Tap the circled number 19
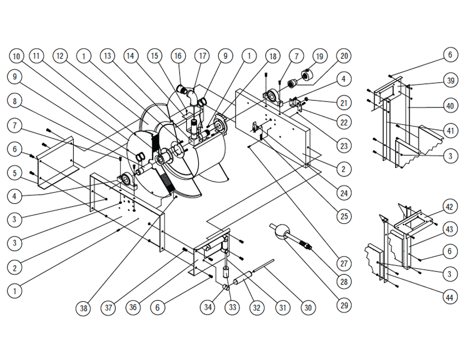coord(320,56)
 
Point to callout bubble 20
coord(344,56)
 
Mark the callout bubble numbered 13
coord(108,56)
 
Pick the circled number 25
coord(344,216)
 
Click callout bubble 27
coord(344,263)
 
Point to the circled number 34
coord(208,307)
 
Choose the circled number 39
coord(449,80)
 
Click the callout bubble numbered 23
coord(344,146)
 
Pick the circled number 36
coord(133,307)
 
